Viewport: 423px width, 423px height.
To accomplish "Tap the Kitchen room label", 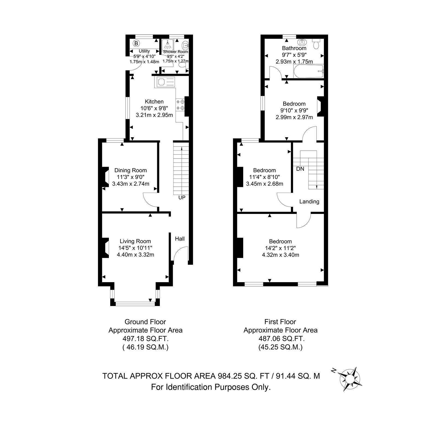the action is tap(154, 102).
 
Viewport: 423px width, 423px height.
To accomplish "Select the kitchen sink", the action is tap(165, 82).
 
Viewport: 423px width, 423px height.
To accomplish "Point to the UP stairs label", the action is tap(182, 198).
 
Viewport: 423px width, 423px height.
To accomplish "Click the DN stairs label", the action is tap(300, 169).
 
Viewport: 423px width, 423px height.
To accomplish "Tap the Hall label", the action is tap(180, 239).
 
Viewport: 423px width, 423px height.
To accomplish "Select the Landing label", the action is tap(309, 201).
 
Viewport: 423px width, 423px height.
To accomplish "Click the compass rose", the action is tap(350, 379).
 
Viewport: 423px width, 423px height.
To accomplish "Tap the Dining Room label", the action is tap(130, 170).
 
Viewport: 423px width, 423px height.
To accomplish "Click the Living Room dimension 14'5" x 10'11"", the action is tap(135, 248).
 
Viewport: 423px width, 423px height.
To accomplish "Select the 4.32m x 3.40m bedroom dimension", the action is tap(281, 255).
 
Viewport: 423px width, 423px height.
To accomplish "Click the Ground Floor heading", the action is tap(145, 322).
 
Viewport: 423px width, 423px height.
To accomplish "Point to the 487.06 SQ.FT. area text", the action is tap(282, 339).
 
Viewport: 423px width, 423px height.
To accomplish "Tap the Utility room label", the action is tap(144, 51).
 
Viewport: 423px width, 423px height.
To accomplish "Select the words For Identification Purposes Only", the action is tap(211, 387).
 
